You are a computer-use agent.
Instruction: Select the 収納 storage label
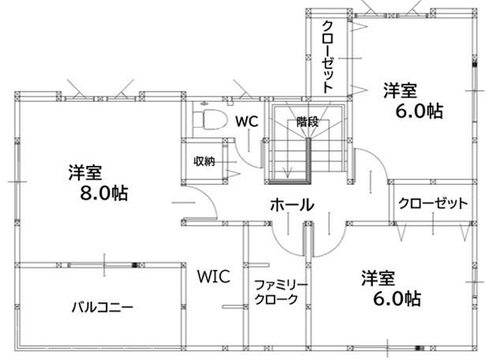point(204,161)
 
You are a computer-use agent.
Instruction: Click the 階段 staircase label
point(308,122)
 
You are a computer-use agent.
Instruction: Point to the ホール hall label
point(292,205)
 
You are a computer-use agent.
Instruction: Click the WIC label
point(212,276)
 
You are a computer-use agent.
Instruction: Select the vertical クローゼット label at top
point(328,55)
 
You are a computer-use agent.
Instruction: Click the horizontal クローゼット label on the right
point(433,203)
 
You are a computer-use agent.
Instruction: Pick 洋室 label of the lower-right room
point(379,277)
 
